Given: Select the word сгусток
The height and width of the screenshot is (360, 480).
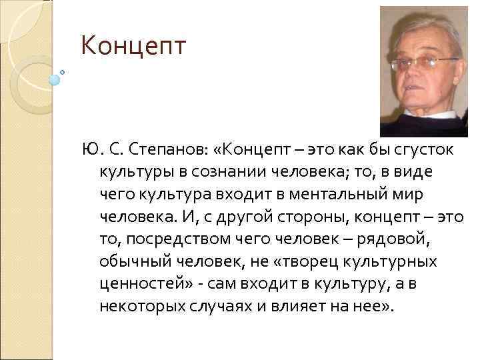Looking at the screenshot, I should [420, 151].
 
